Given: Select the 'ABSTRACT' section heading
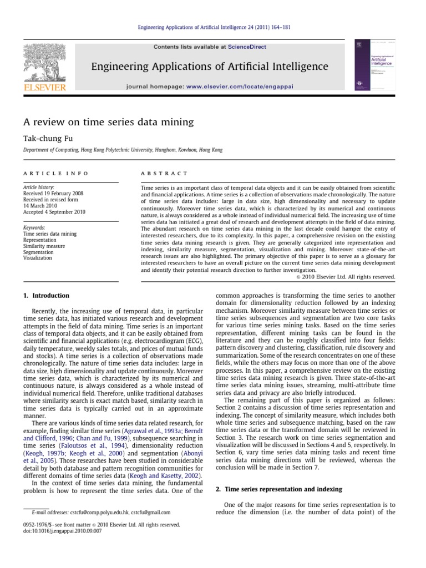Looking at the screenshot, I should pyautogui.click(x=165, y=174).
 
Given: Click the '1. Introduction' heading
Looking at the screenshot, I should pyautogui.click(x=47, y=296).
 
